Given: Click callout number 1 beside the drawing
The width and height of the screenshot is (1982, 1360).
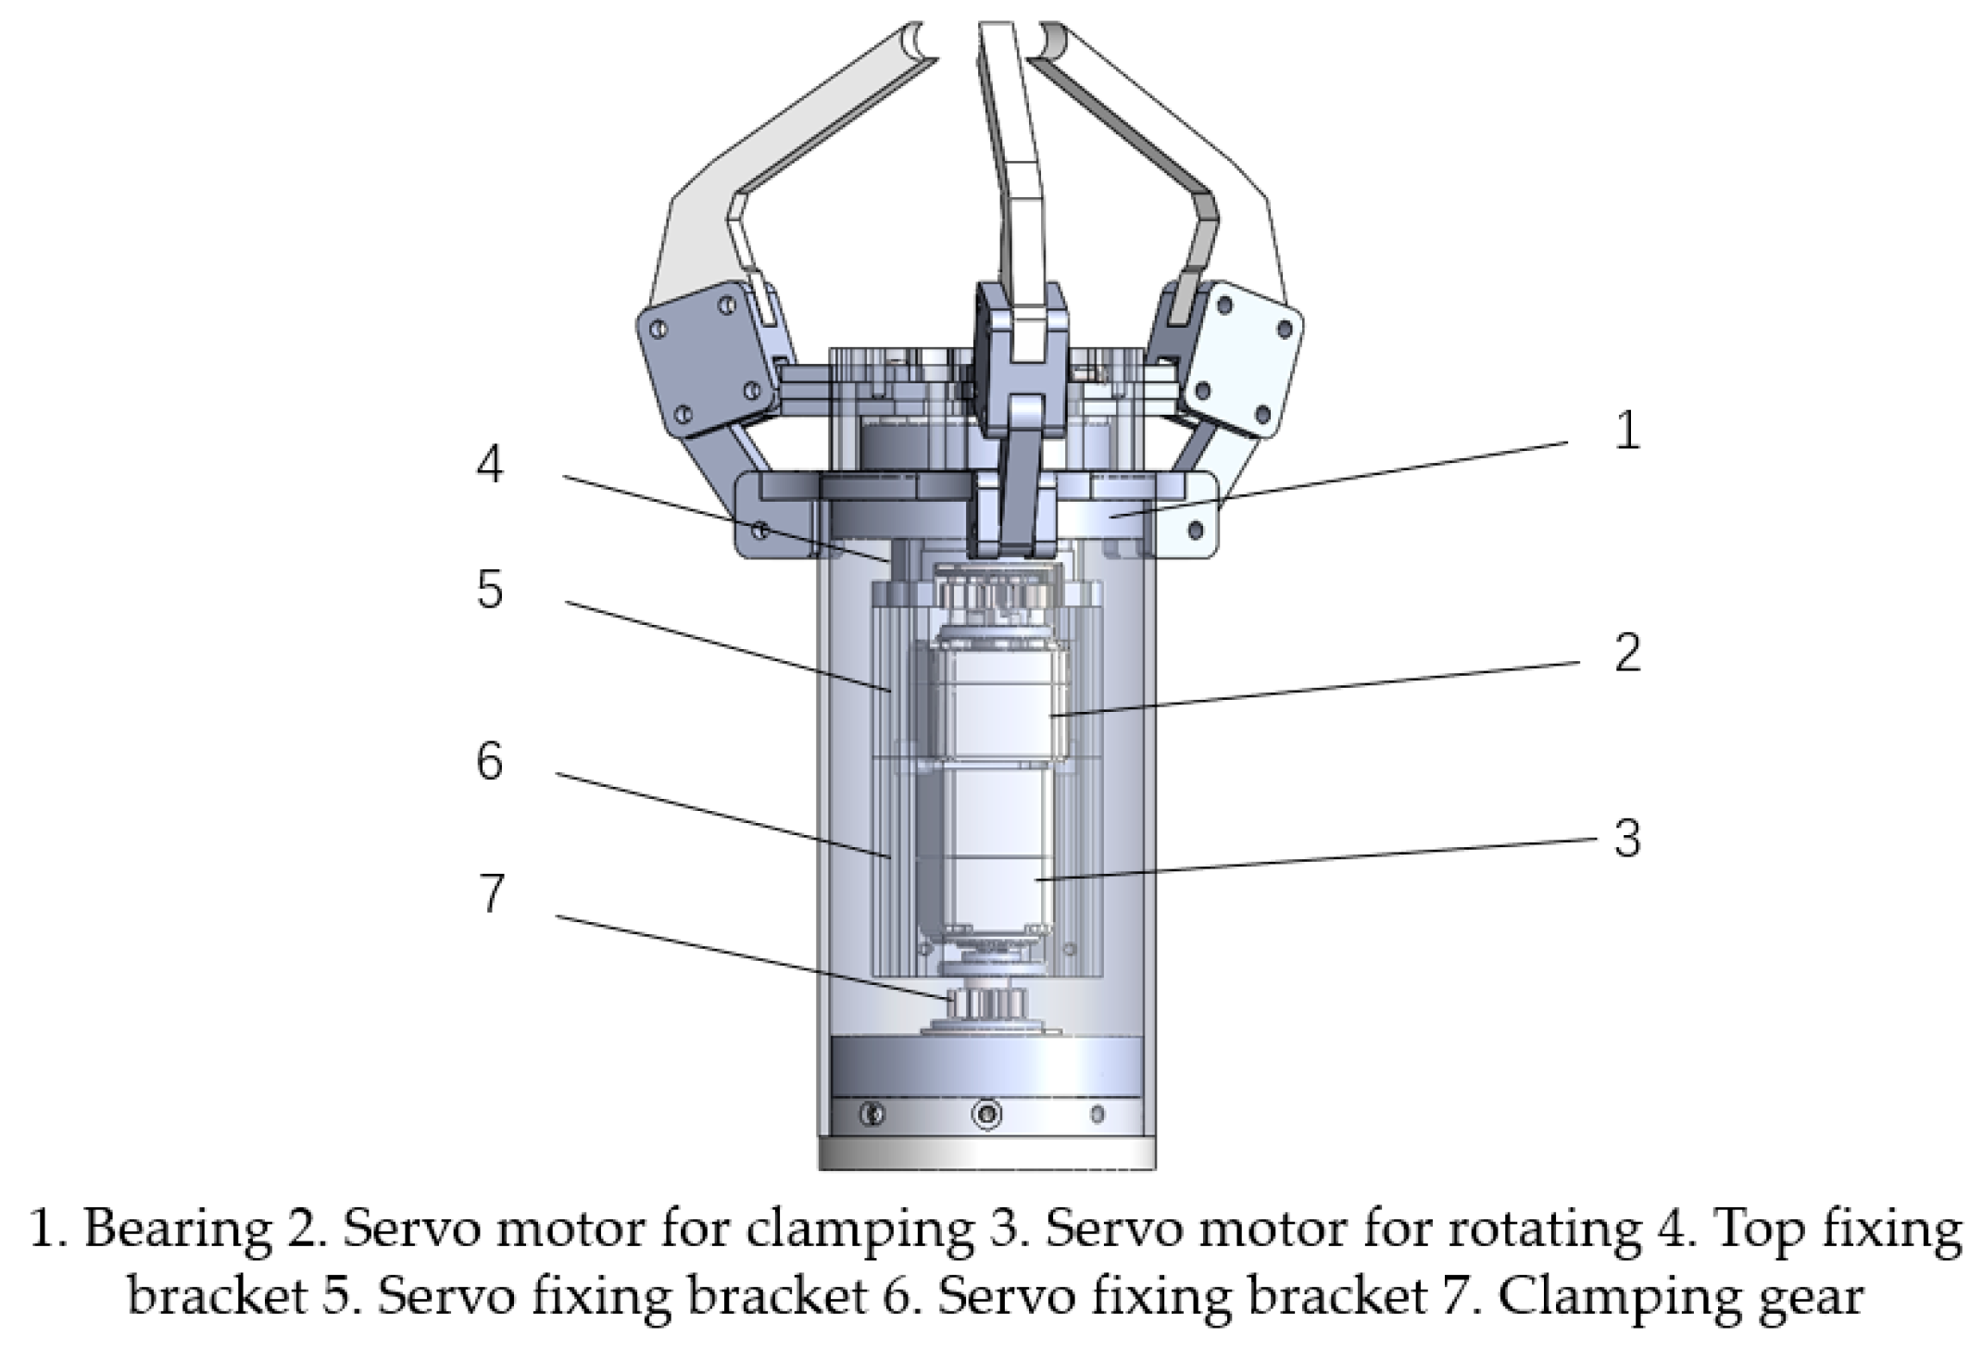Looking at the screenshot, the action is pos(1626,431).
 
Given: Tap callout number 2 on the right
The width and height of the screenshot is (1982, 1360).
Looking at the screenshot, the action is pos(1627,653).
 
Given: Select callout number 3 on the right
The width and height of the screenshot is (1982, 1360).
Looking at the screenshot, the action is pos(1627,838).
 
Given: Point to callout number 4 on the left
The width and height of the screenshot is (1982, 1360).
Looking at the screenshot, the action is pos(490,464).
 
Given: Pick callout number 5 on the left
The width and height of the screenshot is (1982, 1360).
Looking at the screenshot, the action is pos(490,589).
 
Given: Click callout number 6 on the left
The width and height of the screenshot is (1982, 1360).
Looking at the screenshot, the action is pos(490,762).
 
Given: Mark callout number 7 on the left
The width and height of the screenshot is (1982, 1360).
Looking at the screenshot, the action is pos(491,893).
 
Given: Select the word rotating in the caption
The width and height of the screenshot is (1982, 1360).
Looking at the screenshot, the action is pos(1549,1230).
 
